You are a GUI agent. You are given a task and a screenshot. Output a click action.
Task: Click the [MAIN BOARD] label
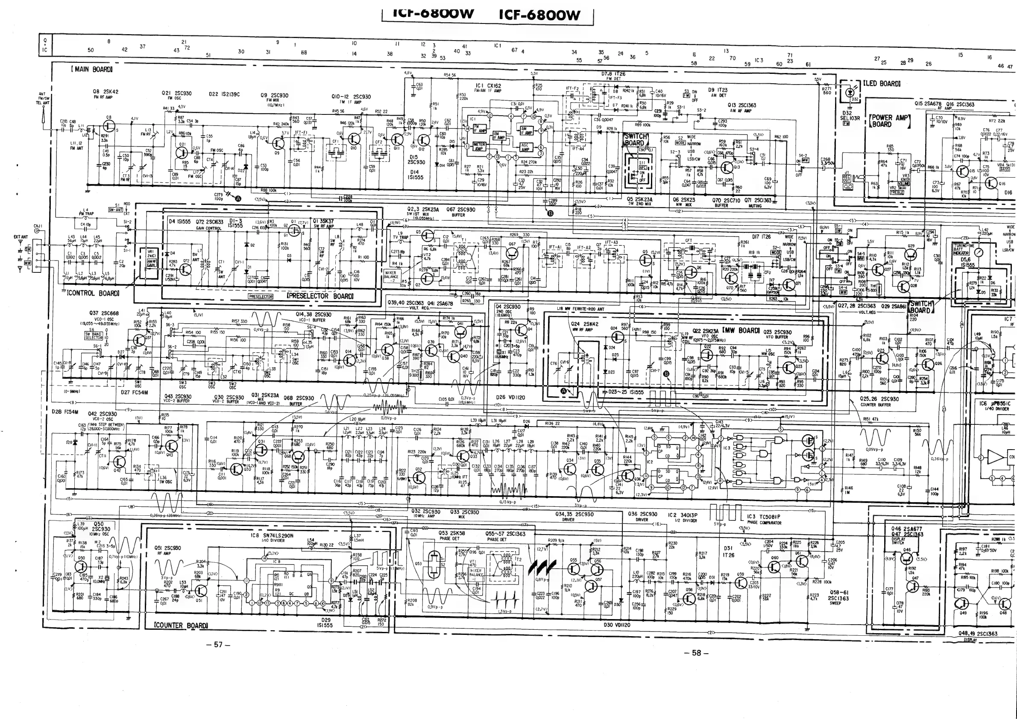pos(91,70)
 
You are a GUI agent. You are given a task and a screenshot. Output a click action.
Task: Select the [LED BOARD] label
pos(882,84)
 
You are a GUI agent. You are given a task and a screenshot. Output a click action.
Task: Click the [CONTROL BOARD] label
pos(93,293)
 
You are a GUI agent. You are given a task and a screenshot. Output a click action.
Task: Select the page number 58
pos(697,653)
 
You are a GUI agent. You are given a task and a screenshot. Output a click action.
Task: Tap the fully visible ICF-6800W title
pos(539,15)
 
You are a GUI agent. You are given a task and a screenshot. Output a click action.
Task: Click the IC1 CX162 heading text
pos(488,85)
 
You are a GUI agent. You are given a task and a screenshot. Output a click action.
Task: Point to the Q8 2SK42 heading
pos(106,92)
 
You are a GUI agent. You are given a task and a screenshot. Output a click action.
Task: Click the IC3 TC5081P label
pos(764,517)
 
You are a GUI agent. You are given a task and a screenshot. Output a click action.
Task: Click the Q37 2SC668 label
pos(104,313)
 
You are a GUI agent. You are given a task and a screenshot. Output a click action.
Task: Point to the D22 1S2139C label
pos(224,94)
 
